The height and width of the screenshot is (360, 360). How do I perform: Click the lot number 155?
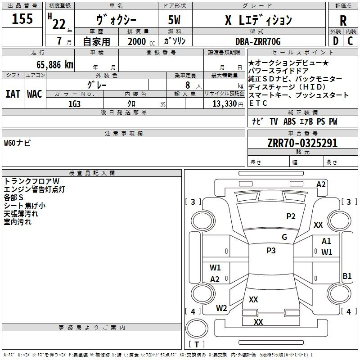tap(22, 18)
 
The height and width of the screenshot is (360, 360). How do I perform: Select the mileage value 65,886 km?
tap(55, 65)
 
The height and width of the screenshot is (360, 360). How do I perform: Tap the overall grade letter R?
tap(343, 21)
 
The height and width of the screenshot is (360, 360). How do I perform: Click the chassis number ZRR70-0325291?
tap(302, 143)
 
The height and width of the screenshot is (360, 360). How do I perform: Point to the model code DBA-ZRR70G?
tap(258, 41)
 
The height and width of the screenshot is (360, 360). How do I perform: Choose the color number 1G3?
tap(74, 104)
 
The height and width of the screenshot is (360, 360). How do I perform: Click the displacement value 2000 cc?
tap(141, 41)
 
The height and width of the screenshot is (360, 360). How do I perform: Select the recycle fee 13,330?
tap(225, 103)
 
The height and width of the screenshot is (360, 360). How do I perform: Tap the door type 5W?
tap(174, 20)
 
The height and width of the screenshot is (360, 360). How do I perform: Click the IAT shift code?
tap(13, 94)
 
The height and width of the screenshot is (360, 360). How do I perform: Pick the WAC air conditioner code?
tap(35, 94)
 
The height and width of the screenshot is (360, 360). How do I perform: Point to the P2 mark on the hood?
tap(291, 216)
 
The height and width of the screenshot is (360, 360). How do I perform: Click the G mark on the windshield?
tap(284, 237)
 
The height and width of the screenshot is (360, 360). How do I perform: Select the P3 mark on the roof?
tap(271, 250)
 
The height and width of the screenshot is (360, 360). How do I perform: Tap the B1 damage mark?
tap(347, 276)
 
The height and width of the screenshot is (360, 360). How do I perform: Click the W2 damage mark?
tap(221, 308)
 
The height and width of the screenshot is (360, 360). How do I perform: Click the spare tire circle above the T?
tap(197, 328)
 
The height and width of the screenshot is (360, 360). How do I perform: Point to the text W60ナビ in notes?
tap(17, 143)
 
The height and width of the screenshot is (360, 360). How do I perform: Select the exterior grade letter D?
tap(336, 41)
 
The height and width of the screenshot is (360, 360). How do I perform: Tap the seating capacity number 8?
tap(188, 85)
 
